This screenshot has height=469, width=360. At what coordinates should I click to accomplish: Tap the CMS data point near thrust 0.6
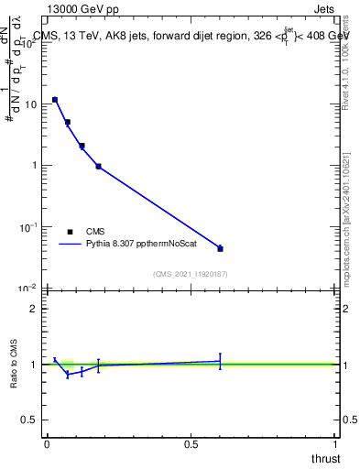click(x=220, y=248)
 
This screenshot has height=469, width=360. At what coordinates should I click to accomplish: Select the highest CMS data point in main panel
click(x=55, y=99)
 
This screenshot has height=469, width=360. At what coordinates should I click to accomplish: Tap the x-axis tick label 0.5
click(x=191, y=443)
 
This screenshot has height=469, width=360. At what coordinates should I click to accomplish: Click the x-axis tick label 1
click(x=335, y=443)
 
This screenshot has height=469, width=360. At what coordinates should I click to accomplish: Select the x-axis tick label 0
click(x=47, y=443)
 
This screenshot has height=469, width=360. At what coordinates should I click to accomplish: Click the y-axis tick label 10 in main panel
click(x=30, y=104)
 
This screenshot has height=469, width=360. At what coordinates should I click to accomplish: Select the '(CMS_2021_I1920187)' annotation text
click(x=191, y=274)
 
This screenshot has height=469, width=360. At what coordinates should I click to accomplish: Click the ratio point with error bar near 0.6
click(x=220, y=361)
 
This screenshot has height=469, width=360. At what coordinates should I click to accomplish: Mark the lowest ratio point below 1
click(x=67, y=375)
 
